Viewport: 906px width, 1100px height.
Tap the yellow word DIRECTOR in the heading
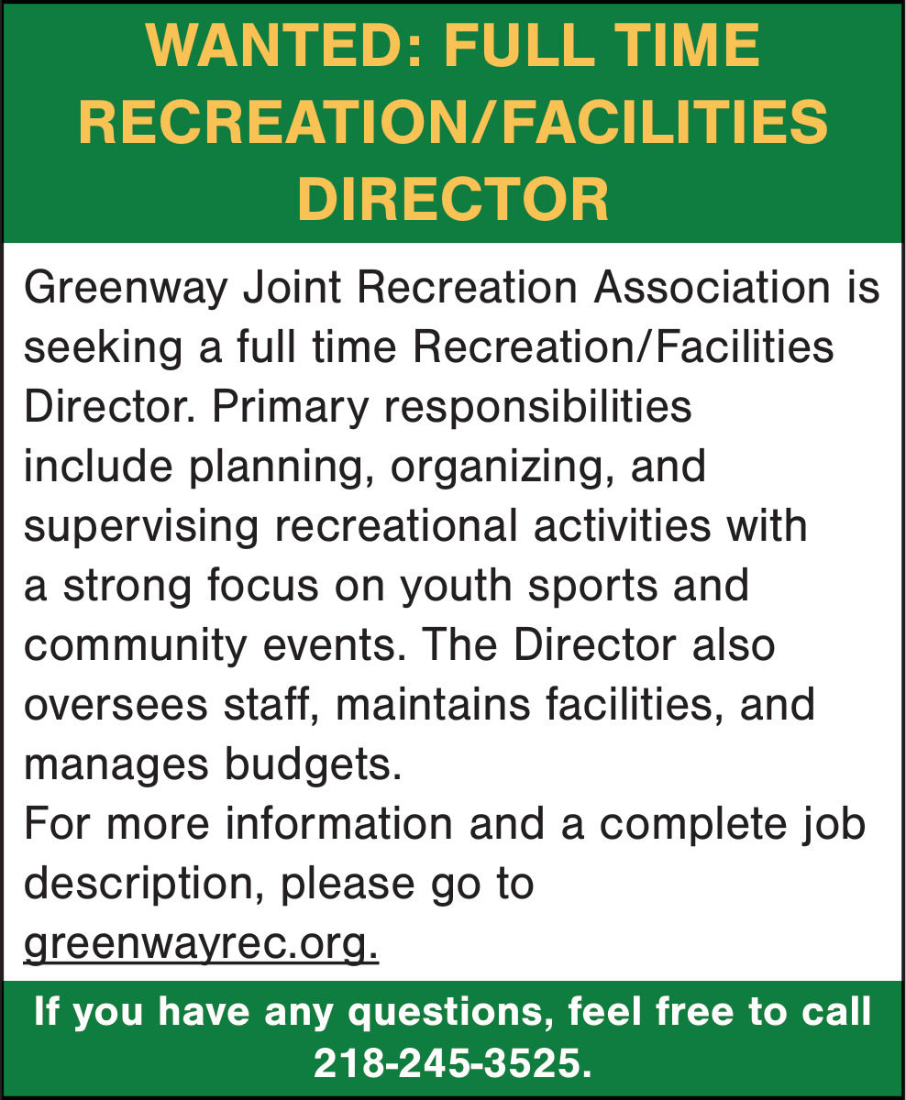tap(453, 200)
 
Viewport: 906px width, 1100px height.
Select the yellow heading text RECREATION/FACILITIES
tap(453, 123)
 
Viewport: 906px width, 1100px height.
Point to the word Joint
tap(293, 288)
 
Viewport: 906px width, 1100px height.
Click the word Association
tap(712, 288)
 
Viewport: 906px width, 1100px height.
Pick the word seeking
tap(104, 348)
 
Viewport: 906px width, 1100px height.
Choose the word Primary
tap(290, 407)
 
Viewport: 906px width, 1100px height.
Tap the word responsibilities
tap(537, 407)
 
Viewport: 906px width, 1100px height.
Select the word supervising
tap(141, 526)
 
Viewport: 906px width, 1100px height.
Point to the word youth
tap(456, 587)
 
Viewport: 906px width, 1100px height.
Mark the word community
tap(135, 646)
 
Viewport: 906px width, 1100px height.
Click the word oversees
tap(116, 706)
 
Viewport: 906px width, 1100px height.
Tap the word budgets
tap(313, 765)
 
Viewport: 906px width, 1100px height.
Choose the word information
tap(338, 825)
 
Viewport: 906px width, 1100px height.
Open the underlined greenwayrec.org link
tap(201, 944)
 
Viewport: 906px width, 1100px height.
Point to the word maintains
tap(433, 706)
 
